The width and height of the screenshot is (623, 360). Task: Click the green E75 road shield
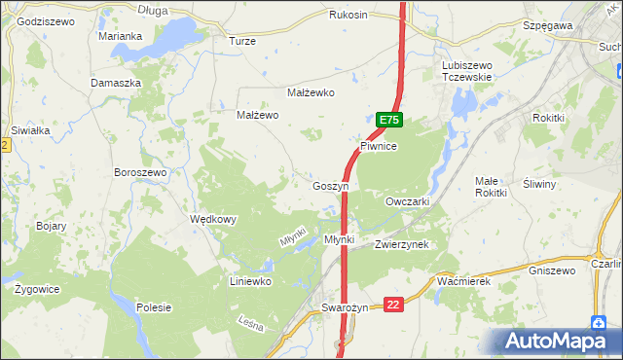click(388, 120)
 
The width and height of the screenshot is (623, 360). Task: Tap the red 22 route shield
click(393, 305)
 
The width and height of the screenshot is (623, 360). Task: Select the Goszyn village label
click(331, 185)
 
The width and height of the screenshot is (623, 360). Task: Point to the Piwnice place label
click(380, 145)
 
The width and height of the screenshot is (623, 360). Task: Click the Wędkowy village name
click(213, 219)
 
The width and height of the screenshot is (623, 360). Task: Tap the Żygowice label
click(38, 289)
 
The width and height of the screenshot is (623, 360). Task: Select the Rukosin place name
click(348, 15)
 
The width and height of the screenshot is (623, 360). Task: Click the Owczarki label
click(408, 200)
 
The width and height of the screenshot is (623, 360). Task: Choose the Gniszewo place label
click(551, 270)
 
